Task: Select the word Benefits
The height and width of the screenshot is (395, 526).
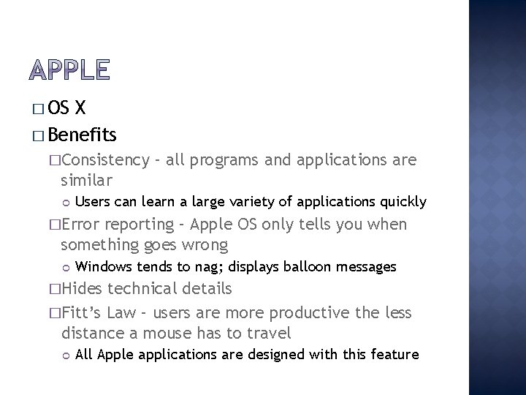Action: click(x=83, y=135)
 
